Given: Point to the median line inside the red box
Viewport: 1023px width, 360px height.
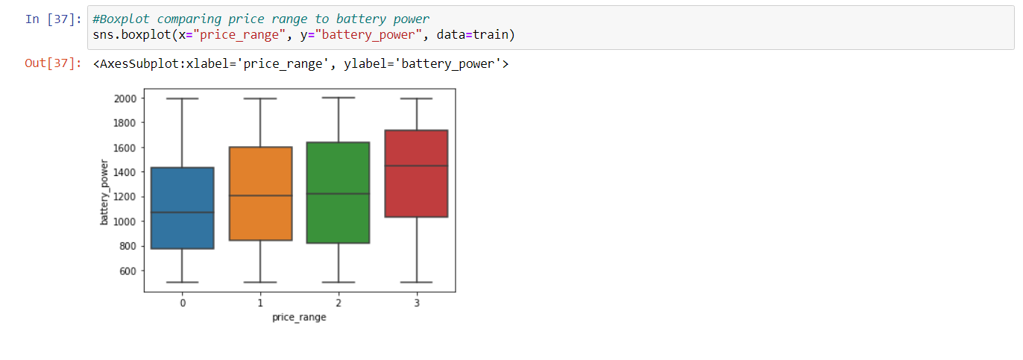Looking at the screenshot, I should coord(416,165).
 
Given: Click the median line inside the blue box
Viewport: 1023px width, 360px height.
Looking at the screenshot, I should coord(182,212).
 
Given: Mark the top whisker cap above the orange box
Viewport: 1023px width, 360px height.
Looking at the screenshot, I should coord(260,98).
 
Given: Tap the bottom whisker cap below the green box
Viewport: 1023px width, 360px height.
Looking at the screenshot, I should coord(339,282).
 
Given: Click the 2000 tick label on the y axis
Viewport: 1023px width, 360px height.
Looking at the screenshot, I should coord(125,98).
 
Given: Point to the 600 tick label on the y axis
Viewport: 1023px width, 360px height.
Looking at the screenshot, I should coord(128,271).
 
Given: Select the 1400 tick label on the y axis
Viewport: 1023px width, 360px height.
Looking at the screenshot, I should coord(125,172).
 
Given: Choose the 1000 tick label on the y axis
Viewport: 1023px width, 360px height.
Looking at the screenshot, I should coord(125,221).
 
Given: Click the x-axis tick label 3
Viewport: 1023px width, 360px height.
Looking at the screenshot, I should coord(416,303).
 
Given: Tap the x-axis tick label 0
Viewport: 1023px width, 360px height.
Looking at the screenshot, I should coord(182,303).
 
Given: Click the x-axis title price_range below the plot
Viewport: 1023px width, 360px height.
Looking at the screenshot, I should coord(299,318).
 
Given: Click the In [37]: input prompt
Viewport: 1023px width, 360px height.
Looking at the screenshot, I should coord(54,19).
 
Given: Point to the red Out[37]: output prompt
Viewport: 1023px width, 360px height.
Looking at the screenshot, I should coord(54,63).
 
